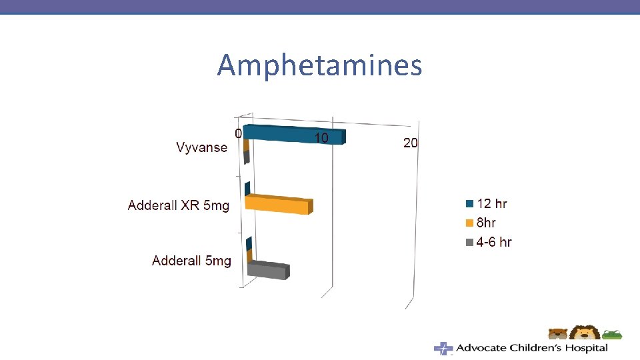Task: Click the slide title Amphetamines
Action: point(319,66)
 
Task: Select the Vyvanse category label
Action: point(201,147)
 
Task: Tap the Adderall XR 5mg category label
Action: point(178,205)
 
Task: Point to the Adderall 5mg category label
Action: point(191,261)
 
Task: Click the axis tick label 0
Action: point(238,133)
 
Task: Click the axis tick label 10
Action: point(321,138)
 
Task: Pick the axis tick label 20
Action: point(411,143)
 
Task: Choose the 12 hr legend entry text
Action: point(492,204)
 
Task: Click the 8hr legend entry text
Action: point(486,223)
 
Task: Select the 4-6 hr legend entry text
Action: point(494,242)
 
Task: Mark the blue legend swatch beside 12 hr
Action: point(469,204)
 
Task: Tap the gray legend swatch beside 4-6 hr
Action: point(469,242)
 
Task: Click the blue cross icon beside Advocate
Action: point(443,348)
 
